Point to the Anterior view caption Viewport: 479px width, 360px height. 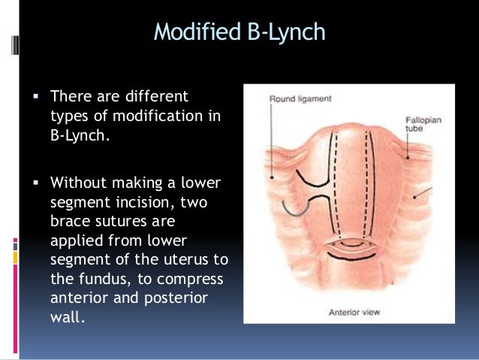coord(351,310)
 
